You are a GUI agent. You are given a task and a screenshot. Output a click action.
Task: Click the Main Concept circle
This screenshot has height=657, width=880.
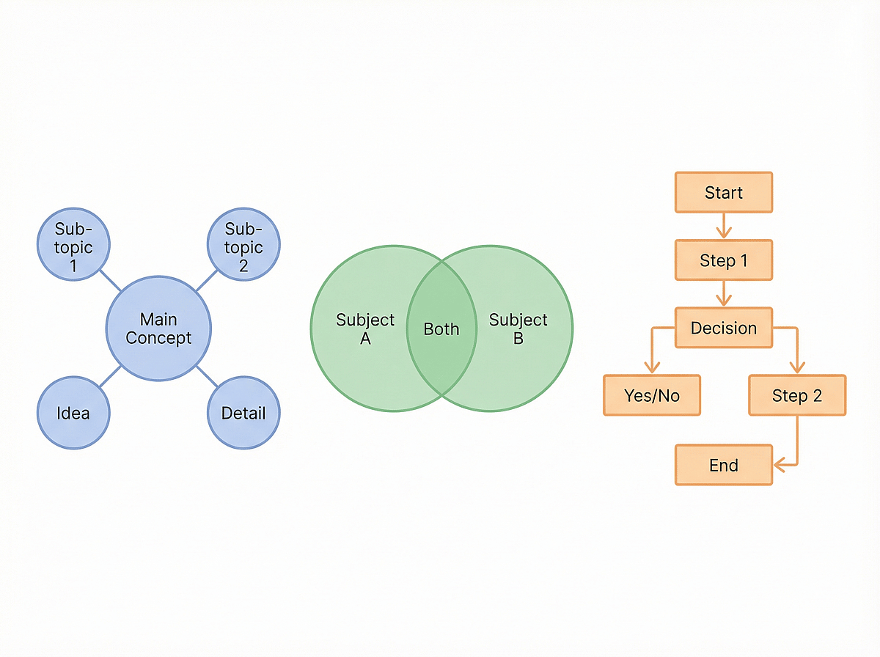(x=158, y=328)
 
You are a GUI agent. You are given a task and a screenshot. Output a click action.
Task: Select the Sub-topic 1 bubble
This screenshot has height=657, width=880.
(x=73, y=246)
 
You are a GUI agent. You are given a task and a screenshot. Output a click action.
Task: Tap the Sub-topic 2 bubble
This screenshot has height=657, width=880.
(x=243, y=246)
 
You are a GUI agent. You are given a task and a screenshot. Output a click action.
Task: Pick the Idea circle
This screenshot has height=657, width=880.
(x=73, y=413)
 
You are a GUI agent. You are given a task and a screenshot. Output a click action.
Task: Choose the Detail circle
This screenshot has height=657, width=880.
(x=243, y=413)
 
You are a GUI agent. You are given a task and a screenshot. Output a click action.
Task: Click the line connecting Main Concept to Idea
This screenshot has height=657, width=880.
(x=110, y=376)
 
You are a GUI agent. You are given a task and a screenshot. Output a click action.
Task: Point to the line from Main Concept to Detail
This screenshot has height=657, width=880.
(x=206, y=376)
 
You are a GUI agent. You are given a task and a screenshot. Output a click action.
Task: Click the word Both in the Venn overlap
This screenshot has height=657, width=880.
(x=441, y=329)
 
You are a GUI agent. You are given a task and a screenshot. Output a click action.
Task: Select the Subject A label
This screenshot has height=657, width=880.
(x=364, y=329)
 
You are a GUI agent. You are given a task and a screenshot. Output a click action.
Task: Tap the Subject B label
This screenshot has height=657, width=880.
(x=518, y=329)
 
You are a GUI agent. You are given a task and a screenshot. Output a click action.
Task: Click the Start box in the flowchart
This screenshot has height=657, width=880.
(x=723, y=193)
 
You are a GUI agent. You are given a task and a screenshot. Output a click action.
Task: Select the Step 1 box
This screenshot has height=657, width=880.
(x=723, y=260)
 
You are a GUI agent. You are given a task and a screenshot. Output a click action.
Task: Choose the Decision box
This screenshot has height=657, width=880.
(x=723, y=328)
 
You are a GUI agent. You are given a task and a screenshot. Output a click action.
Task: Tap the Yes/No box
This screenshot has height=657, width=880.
(x=651, y=396)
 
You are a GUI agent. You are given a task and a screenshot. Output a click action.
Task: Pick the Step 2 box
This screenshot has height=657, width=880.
(x=796, y=396)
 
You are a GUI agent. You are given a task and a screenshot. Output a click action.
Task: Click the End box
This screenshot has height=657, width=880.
(x=723, y=465)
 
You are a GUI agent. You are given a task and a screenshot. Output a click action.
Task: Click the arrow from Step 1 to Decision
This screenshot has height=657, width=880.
(x=724, y=293)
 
